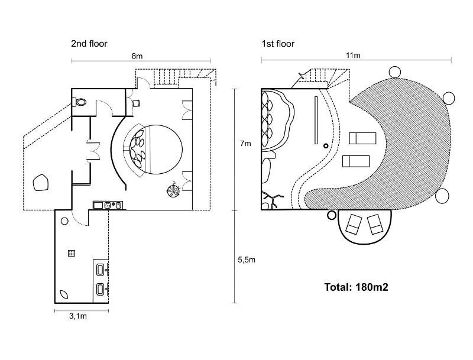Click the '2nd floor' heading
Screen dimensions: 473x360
(89, 44)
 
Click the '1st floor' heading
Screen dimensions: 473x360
(278, 44)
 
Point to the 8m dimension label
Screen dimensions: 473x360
(137, 56)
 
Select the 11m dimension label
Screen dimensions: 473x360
(353, 56)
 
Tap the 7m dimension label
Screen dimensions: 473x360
(245, 144)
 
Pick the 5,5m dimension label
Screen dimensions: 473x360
(247, 260)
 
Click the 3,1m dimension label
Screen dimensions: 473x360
(78, 316)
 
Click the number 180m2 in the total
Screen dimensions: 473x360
(372, 287)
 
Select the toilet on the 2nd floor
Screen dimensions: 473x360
(79, 102)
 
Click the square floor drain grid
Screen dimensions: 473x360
(72, 253)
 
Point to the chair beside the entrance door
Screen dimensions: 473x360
(136, 103)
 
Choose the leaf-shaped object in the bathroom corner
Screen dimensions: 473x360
(64, 294)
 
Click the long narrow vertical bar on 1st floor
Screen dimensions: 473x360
(316, 120)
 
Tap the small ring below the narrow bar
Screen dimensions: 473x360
(326, 146)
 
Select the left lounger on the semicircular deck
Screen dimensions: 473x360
(354, 224)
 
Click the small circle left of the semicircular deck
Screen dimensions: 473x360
(332, 215)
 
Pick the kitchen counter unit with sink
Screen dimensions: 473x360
(108, 205)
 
